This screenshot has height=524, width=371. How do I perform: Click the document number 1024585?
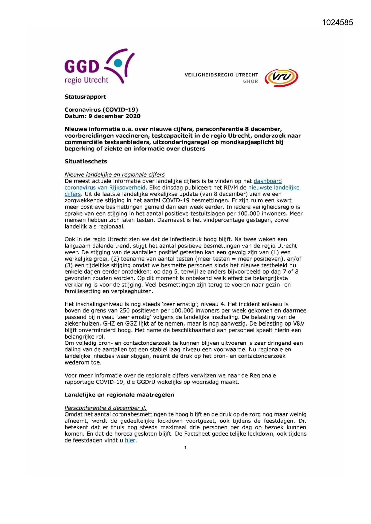click(338, 23)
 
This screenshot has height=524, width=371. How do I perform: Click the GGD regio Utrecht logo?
click(99, 67)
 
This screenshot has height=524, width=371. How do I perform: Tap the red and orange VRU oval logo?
click(281, 78)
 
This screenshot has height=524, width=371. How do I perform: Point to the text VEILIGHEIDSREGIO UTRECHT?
click(221, 75)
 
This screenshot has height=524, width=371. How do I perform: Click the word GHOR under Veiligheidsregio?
click(251, 82)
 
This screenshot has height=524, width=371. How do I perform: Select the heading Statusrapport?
click(85, 97)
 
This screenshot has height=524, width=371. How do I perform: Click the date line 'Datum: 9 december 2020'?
click(103, 116)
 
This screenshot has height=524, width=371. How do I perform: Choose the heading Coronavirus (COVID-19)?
click(101, 110)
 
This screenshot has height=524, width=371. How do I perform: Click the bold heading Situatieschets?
click(86, 161)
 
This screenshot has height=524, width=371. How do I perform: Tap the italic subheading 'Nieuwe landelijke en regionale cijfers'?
click(114, 174)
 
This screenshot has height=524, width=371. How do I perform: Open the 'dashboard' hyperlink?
click(268, 181)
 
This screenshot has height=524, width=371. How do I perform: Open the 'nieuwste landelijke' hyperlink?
click(274, 188)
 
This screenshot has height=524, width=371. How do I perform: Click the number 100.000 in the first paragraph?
click(249, 214)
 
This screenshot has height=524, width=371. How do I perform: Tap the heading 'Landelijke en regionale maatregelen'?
click(119, 395)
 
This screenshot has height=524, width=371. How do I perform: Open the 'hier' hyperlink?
click(130, 440)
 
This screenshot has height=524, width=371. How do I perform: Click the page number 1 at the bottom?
click(186, 448)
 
